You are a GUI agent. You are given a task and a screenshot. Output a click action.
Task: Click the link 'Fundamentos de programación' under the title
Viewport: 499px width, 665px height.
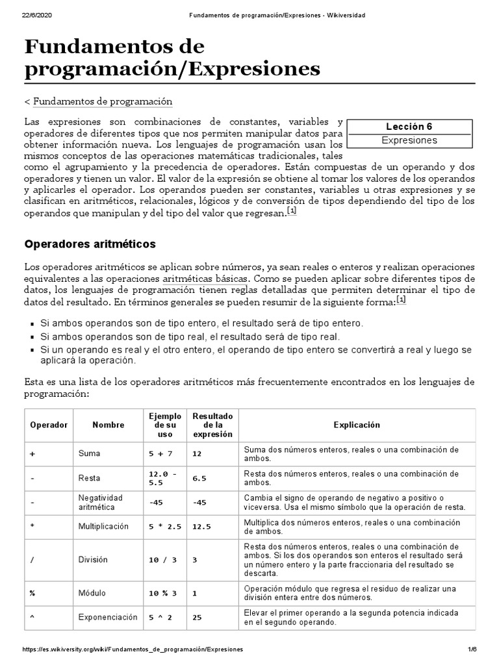coord(102,101)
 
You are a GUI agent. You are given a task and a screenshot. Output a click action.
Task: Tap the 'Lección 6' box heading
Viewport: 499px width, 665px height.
coord(409,127)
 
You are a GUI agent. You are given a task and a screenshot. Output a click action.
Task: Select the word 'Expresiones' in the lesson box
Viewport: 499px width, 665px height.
coord(409,140)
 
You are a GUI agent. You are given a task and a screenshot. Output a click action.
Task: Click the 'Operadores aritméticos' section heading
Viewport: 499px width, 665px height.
coord(90,244)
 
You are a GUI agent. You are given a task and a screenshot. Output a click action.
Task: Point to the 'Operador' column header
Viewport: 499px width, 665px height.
coord(49,425)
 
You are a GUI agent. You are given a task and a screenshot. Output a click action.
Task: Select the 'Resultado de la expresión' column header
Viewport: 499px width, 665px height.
coord(212,425)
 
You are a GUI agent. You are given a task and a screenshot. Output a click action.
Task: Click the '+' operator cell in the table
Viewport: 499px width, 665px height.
coord(32,454)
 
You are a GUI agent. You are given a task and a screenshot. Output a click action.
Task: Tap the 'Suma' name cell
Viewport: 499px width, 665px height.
coord(89,454)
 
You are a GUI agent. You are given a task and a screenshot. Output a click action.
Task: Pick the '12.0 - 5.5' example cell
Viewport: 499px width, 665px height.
coord(162,479)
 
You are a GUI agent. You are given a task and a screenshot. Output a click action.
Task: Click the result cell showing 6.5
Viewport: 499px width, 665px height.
coord(199,479)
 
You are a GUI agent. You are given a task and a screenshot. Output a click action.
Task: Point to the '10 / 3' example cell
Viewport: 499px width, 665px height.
coord(162,559)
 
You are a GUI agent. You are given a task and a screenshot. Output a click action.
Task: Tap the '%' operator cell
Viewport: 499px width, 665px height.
coord(32,593)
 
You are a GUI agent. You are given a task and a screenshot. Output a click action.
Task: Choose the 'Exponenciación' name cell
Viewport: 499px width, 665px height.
coord(108,617)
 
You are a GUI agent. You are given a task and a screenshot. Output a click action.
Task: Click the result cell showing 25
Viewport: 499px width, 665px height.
coord(198,617)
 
